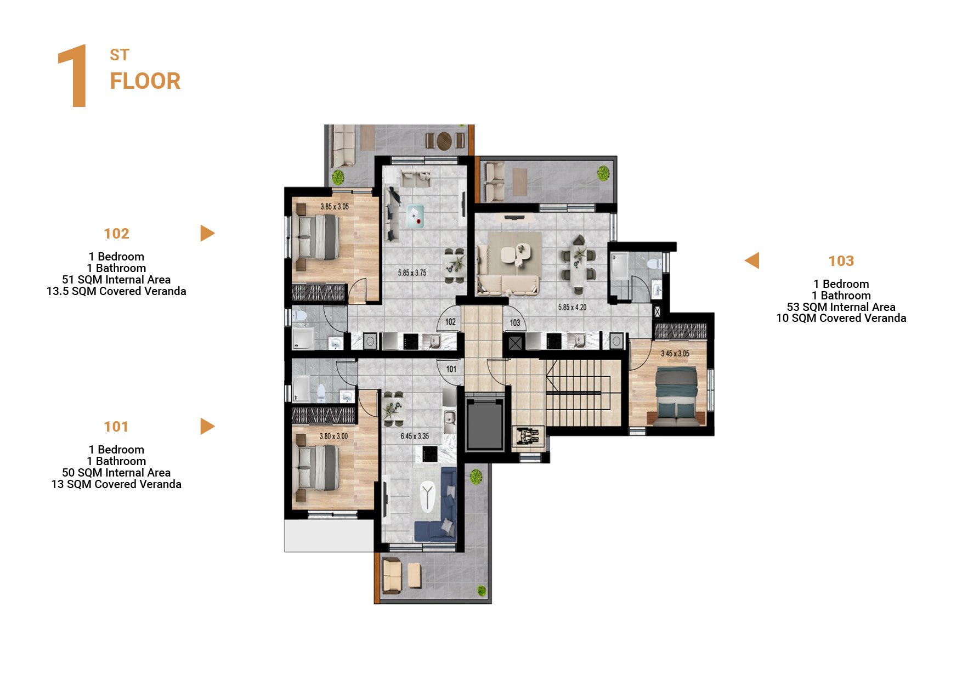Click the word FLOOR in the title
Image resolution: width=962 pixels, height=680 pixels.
tap(145, 81)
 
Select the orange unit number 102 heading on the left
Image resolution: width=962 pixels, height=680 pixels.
tap(116, 234)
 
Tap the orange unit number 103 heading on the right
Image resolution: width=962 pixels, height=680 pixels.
tap(841, 261)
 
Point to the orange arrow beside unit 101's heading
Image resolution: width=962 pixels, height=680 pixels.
tap(207, 426)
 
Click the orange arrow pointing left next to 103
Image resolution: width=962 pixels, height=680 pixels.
tap(752, 260)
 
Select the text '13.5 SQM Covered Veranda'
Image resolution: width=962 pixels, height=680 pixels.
tap(116, 291)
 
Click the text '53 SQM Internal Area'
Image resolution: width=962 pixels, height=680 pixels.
tap(841, 307)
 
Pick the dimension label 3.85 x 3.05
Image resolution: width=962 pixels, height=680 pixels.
tap(335, 207)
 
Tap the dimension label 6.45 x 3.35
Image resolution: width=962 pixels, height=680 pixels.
tap(415, 437)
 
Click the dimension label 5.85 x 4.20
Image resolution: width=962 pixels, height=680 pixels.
tap(572, 307)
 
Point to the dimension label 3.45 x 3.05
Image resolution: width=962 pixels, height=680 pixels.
tap(675, 354)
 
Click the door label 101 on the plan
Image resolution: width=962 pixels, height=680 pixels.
tap(451, 369)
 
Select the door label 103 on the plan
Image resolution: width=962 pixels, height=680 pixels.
tap(514, 323)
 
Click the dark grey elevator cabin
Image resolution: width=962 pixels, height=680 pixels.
tap(485, 425)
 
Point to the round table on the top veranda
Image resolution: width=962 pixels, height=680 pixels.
tap(444, 140)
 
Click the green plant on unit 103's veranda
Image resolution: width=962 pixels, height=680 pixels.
tap(603, 173)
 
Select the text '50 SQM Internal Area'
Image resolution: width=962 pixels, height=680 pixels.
tap(116, 473)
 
